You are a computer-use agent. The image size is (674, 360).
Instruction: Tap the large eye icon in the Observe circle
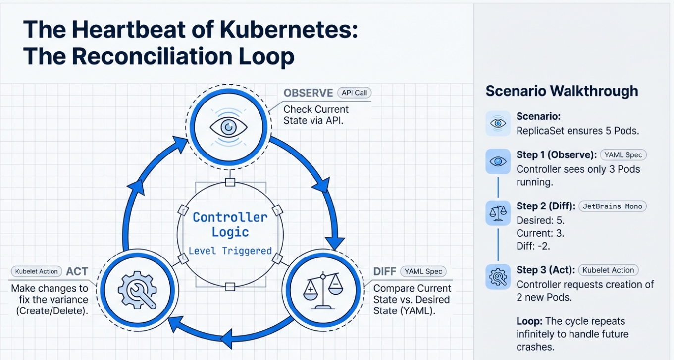pyautogui.click(x=229, y=127)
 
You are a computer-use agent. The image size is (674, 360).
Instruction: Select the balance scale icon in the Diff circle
pyautogui.click(x=323, y=291)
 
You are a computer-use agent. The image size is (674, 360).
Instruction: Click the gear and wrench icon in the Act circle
pyautogui.click(x=138, y=290)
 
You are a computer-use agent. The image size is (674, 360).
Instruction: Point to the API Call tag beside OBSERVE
pyautogui.click(x=354, y=93)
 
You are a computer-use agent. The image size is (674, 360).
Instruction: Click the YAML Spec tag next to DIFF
pyautogui.click(x=423, y=271)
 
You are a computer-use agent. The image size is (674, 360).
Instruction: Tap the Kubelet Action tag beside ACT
pyautogui.click(x=37, y=271)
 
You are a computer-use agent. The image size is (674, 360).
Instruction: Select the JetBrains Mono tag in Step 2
pyautogui.click(x=612, y=206)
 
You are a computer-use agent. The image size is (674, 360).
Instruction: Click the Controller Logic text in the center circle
pyautogui.click(x=230, y=225)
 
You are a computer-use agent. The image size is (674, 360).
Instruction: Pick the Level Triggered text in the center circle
pyautogui.click(x=230, y=251)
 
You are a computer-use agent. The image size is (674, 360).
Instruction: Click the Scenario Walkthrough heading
pyautogui.click(x=562, y=91)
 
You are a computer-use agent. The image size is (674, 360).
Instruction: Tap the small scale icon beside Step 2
pyautogui.click(x=498, y=213)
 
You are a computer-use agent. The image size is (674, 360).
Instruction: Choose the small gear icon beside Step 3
pyautogui.click(x=498, y=277)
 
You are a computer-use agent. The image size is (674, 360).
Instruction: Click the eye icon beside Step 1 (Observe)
pyautogui.click(x=498, y=161)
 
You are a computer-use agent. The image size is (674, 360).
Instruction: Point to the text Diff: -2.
pyautogui.click(x=533, y=246)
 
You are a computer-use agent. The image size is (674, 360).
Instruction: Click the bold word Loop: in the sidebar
pyautogui.click(x=529, y=321)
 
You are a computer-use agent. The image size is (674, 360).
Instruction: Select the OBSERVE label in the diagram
pyautogui.click(x=308, y=93)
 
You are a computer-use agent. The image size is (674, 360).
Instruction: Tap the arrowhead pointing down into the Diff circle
pyautogui.click(x=335, y=243)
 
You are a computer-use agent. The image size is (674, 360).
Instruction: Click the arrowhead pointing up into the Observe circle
pyautogui.click(x=180, y=144)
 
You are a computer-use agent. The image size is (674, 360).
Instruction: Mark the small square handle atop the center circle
pyautogui.click(x=230, y=182)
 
